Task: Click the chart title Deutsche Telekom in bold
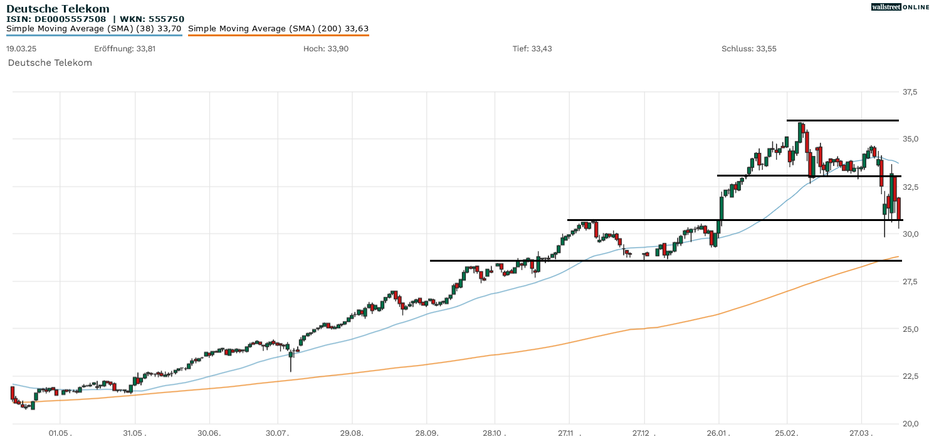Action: pyautogui.click(x=58, y=9)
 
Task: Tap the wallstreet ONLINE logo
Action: pyautogui.click(x=900, y=7)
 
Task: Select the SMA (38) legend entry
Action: pyautogui.click(x=94, y=28)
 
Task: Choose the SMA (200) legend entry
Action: pyautogui.click(x=278, y=28)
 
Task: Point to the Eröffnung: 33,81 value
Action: pyautogui.click(x=125, y=49)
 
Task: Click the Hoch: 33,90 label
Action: pyautogui.click(x=325, y=49)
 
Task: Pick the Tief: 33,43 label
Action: pyautogui.click(x=532, y=49)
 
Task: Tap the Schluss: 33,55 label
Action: pyautogui.click(x=748, y=49)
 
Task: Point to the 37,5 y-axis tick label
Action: pyautogui.click(x=910, y=92)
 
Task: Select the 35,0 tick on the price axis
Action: pyautogui.click(x=910, y=139)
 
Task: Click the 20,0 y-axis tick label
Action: pyautogui.click(x=910, y=424)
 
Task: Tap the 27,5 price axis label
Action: pyautogui.click(x=910, y=282)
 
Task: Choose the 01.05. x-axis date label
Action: pyautogui.click(x=60, y=432)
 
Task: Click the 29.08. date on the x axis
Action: pyautogui.click(x=352, y=432)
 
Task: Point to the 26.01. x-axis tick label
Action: pyautogui.click(x=718, y=432)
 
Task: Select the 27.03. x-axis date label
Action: pyautogui.click(x=861, y=432)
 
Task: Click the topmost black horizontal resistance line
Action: pyautogui.click(x=842, y=120)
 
